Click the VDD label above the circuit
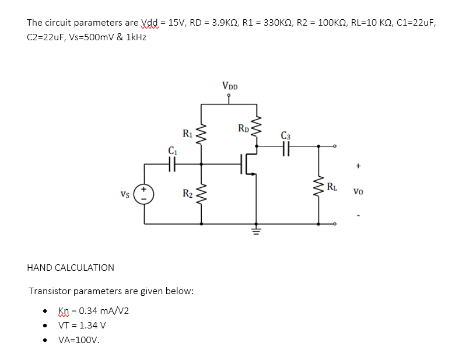point(229,86)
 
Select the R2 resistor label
point(187,193)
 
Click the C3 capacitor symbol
point(286,149)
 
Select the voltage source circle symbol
point(144,194)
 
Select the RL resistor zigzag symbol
point(318,188)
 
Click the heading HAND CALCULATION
point(71,268)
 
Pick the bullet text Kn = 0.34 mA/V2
point(94,311)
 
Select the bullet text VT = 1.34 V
point(82,326)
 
